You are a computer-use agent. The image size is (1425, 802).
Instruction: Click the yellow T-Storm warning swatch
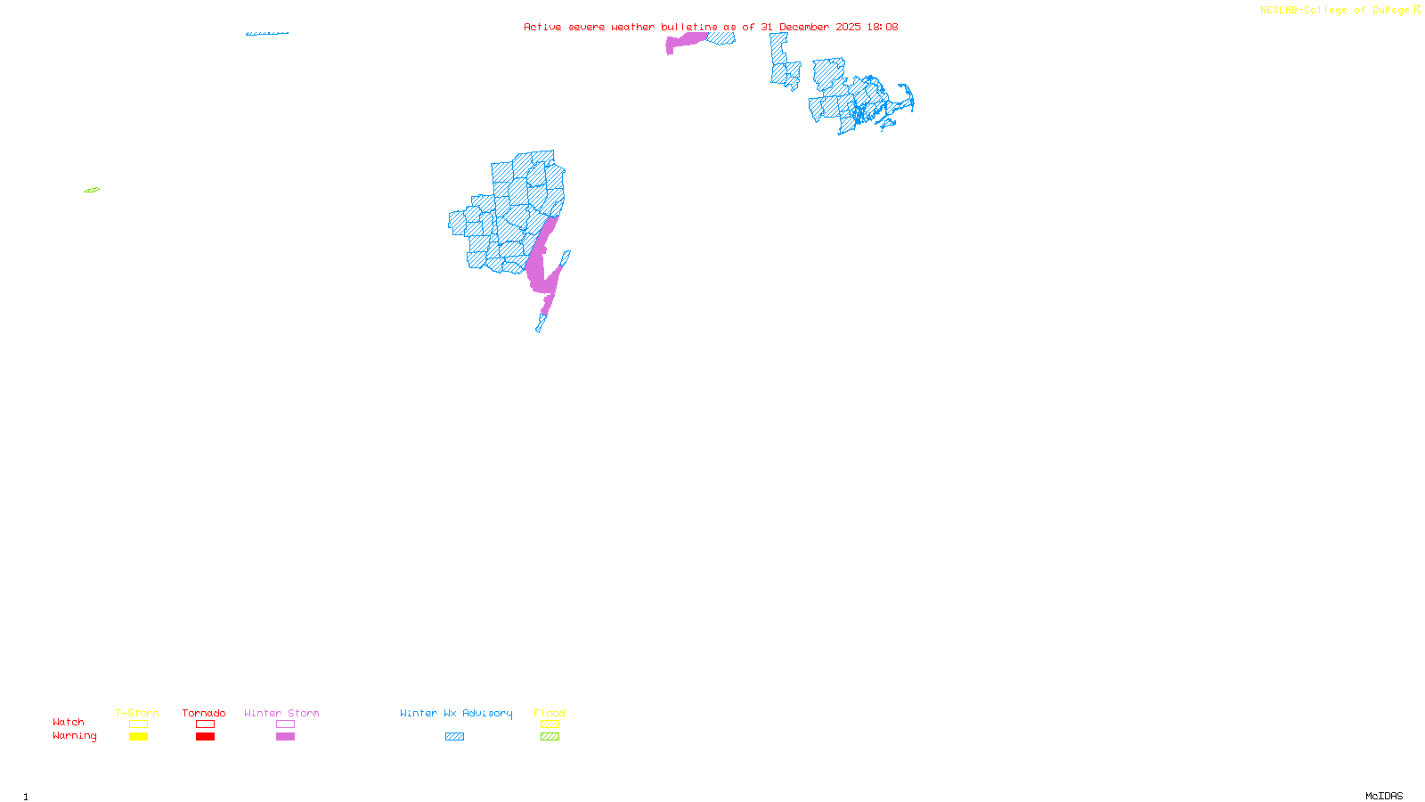pyautogui.click(x=138, y=737)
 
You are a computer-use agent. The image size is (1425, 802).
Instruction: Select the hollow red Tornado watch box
pyautogui.click(x=205, y=724)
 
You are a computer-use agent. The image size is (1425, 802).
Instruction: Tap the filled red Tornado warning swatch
pyautogui.click(x=205, y=737)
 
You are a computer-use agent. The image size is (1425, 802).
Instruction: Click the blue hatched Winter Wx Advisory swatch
pyautogui.click(x=454, y=737)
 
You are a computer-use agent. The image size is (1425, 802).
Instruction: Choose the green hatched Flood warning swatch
pyautogui.click(x=550, y=737)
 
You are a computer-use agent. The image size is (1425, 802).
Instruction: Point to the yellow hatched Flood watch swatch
pyautogui.click(x=550, y=724)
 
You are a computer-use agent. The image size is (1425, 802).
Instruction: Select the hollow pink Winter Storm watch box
pyautogui.click(x=285, y=724)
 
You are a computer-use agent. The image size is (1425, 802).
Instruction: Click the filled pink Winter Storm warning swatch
pyautogui.click(x=285, y=737)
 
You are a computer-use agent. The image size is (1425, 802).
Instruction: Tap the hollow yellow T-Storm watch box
pyautogui.click(x=138, y=724)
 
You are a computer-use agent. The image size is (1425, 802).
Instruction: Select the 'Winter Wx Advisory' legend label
pyautogui.click(x=456, y=713)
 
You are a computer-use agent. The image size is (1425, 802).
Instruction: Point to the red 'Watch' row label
pyautogui.click(x=69, y=722)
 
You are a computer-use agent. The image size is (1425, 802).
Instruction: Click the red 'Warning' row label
pyautogui.click(x=74, y=736)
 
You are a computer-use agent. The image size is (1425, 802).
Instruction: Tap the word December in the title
pyautogui.click(x=804, y=27)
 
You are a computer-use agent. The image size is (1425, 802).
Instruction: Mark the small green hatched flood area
pyautogui.click(x=92, y=190)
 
